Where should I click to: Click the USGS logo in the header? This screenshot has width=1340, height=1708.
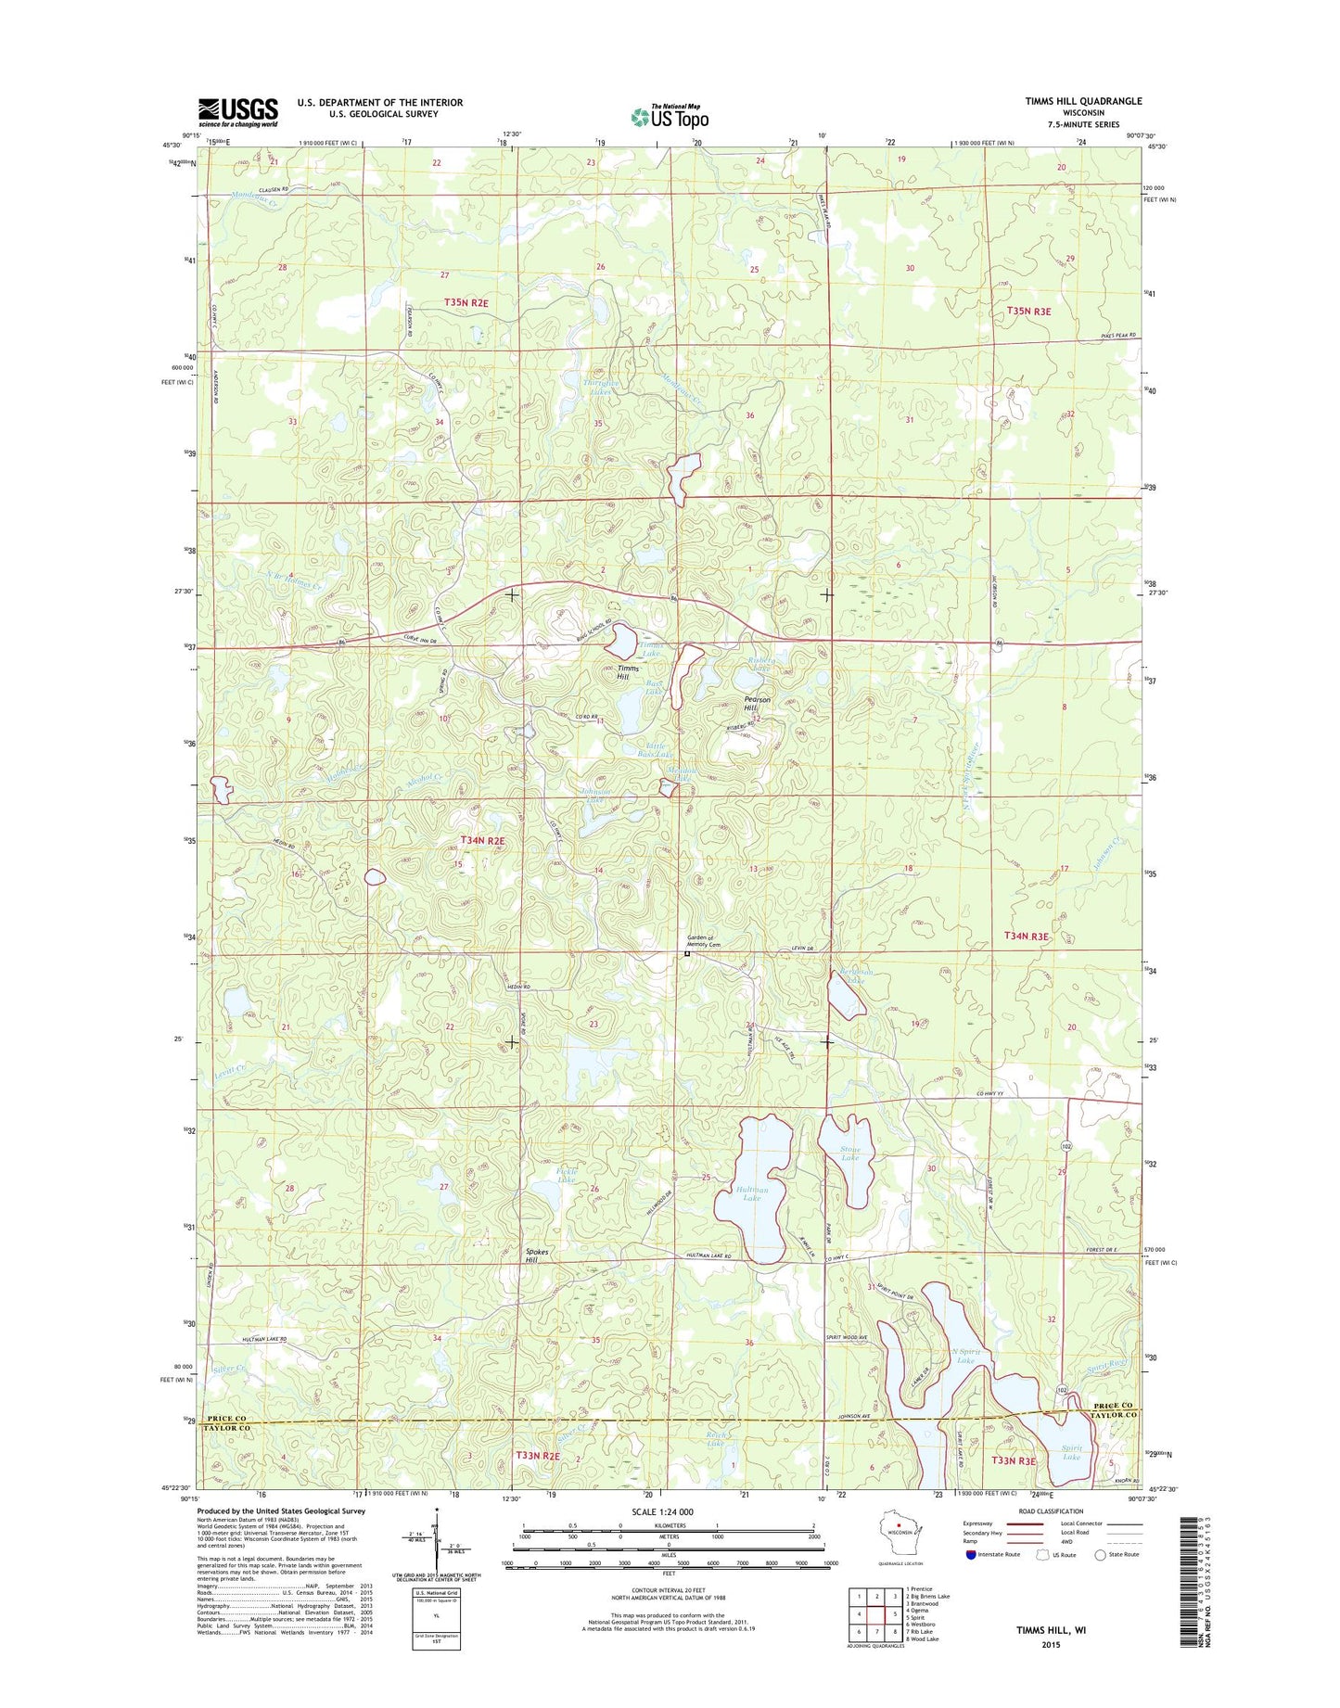click(x=237, y=112)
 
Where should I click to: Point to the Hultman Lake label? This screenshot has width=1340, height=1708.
click(x=752, y=1193)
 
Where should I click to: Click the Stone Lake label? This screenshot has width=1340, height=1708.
click(x=849, y=1154)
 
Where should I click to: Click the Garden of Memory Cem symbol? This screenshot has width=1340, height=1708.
click(x=687, y=953)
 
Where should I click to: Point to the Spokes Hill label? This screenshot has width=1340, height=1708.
click(x=537, y=1256)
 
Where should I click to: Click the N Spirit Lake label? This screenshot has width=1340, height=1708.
click(x=964, y=1357)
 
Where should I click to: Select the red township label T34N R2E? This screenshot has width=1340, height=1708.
click(x=482, y=840)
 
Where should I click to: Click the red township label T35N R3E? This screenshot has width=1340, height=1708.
click(x=1028, y=312)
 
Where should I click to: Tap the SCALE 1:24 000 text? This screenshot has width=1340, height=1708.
click(x=662, y=1511)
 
